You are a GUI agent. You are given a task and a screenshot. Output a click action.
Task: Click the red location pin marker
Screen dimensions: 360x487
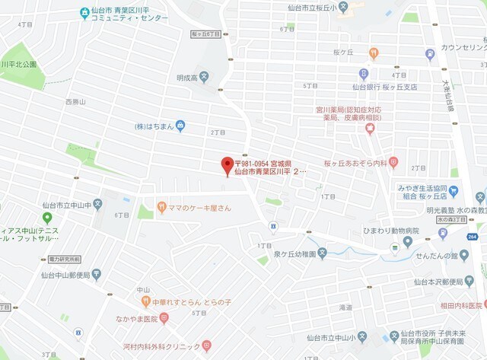[x=226, y=165]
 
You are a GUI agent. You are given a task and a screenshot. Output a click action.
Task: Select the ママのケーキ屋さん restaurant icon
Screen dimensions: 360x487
[x=161, y=206]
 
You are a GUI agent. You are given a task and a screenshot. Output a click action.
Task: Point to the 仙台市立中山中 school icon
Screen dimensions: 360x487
[x=97, y=205]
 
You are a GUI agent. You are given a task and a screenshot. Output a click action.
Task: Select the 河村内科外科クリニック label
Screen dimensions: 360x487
[x=157, y=346]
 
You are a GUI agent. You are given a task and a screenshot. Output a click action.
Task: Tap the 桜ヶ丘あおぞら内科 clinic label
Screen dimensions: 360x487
[x=355, y=163]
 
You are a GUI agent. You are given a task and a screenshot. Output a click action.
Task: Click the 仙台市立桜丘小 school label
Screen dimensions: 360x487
[x=312, y=7]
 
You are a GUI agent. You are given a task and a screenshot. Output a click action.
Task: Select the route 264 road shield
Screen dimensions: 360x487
[x=473, y=237]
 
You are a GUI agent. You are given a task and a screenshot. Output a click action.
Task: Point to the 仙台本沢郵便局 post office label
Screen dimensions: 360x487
[x=443, y=282]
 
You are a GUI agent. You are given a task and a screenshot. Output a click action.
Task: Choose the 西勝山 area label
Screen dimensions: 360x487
[x=75, y=101]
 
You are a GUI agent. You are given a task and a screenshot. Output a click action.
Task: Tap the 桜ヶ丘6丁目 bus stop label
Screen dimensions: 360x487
[x=205, y=34]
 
